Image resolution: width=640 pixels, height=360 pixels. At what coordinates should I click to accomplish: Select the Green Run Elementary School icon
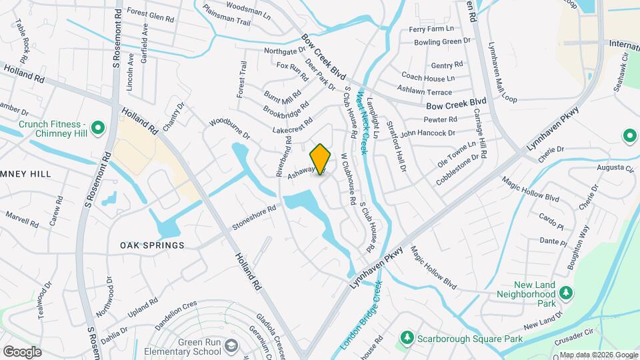231,346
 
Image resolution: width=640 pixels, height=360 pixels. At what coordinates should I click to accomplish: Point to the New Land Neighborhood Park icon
566,293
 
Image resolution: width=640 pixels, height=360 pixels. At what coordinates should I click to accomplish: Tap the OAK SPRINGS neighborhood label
152,245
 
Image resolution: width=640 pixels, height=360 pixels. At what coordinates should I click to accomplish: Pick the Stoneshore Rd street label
254,218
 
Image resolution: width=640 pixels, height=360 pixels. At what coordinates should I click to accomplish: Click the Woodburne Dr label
229,129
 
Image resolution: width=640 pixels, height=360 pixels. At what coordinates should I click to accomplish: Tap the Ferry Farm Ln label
431,29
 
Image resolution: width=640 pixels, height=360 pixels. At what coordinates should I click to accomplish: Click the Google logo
22,352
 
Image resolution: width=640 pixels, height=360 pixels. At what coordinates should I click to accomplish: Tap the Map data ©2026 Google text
598,355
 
